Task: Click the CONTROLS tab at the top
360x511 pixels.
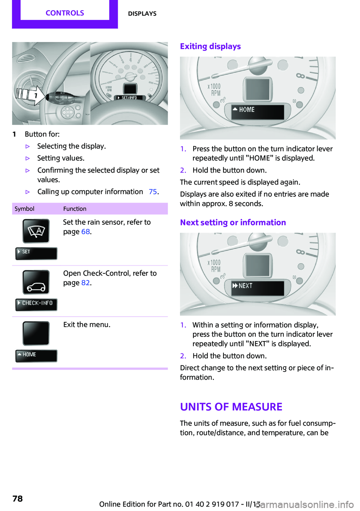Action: [65, 13]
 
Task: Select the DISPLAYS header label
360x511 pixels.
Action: [142, 14]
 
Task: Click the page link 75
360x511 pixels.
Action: [153, 192]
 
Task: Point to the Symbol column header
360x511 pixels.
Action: [24, 209]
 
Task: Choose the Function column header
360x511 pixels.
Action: [75, 209]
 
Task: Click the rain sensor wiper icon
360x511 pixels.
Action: [36, 231]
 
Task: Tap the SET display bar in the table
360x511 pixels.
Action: [36, 253]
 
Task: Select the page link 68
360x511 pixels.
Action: [85, 232]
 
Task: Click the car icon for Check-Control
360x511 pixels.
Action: [36, 282]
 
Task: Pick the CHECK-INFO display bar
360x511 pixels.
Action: [36, 304]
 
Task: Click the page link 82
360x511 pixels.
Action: [85, 283]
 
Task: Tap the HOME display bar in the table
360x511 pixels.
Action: [36, 355]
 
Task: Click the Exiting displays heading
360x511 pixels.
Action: [210, 47]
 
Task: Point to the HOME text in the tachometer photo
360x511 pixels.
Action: [246, 110]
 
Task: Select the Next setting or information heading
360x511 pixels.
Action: [233, 222]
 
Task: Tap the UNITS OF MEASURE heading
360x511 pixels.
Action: [231, 407]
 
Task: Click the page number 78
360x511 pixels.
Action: [18, 499]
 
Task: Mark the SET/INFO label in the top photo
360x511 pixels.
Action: [129, 98]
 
